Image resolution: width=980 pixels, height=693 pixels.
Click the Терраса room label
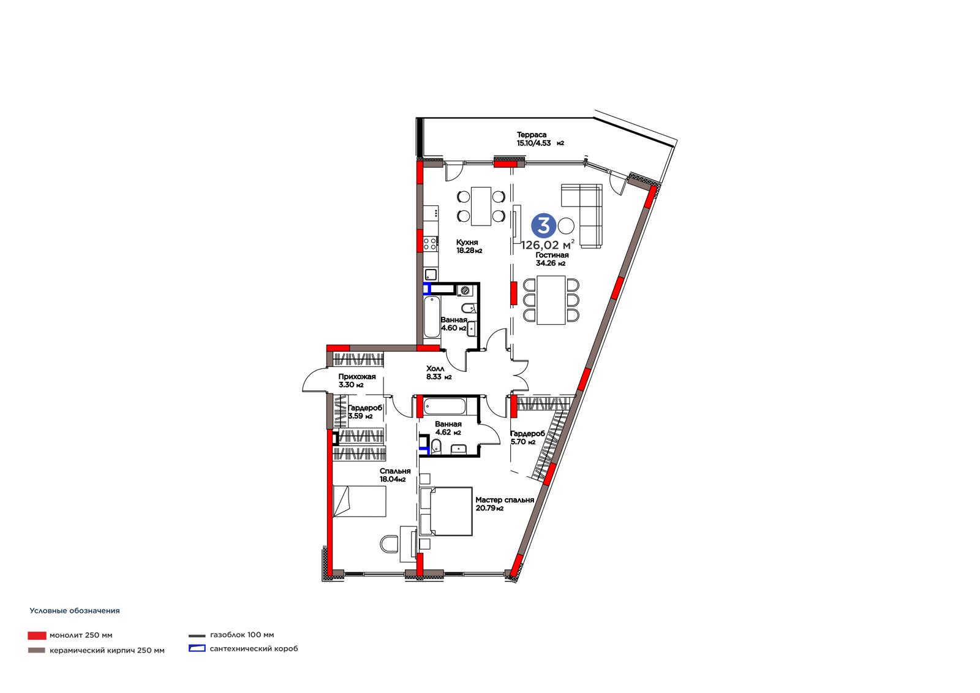(x=532, y=135)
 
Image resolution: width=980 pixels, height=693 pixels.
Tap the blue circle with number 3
(x=544, y=226)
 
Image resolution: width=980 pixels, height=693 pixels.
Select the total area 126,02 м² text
(x=548, y=244)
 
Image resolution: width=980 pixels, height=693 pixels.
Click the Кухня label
(x=467, y=242)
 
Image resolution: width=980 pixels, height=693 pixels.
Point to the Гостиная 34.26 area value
(x=551, y=263)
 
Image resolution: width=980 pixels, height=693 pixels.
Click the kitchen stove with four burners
(x=430, y=243)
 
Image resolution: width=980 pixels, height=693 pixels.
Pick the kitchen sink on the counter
(x=431, y=275)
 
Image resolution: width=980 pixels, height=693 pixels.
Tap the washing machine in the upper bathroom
(x=465, y=290)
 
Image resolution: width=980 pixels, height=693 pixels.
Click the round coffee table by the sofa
(x=566, y=226)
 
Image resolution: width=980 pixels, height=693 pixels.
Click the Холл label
(x=435, y=369)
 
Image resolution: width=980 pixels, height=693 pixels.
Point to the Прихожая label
(x=357, y=376)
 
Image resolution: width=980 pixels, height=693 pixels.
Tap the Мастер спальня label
(x=505, y=500)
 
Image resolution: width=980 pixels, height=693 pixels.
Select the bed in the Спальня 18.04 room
(x=359, y=501)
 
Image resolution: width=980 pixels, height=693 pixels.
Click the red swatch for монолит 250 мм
(x=37, y=635)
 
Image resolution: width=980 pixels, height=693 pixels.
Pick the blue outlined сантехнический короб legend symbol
(x=197, y=648)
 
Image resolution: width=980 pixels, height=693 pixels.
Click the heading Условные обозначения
(x=75, y=611)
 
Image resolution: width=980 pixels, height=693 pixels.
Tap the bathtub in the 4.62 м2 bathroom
(x=445, y=406)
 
